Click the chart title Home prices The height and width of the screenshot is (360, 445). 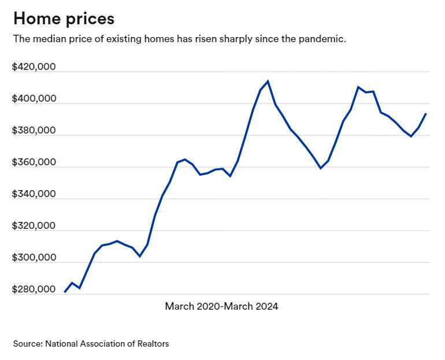tap(64, 18)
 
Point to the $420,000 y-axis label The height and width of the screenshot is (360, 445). tap(34, 67)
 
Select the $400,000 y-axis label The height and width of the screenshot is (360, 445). tap(34, 99)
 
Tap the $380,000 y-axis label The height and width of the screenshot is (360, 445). tap(34, 131)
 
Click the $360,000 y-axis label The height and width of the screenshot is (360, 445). tap(34, 162)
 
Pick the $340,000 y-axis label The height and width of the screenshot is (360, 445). tap(34, 194)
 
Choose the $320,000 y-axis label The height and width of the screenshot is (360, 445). tap(34, 226)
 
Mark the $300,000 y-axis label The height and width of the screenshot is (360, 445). tap(34, 258)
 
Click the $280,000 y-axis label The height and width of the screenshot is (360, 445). tap(34, 290)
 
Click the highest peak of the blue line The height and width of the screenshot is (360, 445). tap(268, 81)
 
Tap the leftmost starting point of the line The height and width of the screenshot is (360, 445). tap(64, 292)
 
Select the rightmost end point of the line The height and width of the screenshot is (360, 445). tap(426, 114)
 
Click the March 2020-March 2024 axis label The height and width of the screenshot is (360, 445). tap(221, 306)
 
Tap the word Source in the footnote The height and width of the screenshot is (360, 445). tap(27, 344)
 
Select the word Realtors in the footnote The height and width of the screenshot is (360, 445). tap(152, 344)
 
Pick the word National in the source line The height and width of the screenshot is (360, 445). tap(61, 344)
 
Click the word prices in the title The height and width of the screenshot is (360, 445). tap(89, 18)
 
